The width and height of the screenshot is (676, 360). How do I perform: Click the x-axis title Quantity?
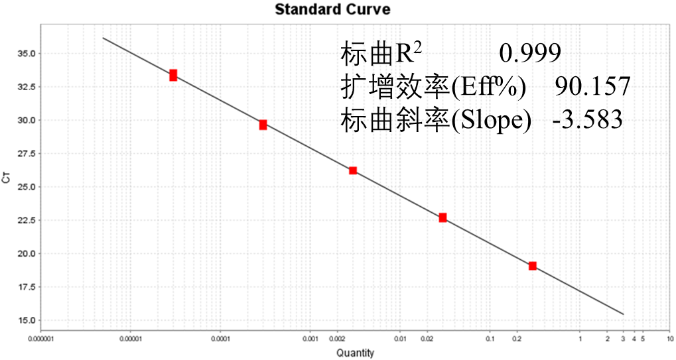(355, 353)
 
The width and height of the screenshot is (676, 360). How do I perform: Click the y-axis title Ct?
(8, 178)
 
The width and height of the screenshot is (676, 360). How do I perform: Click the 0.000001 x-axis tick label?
(40, 339)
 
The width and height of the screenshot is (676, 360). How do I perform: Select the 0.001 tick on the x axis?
(310, 339)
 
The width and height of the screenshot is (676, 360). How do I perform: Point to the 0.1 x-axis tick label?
(490, 339)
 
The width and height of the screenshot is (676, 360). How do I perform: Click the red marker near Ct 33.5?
(173, 75)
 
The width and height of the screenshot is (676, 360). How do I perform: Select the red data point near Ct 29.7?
(263, 125)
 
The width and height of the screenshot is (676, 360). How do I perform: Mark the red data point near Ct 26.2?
(353, 170)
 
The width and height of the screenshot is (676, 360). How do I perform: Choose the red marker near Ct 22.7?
(442, 217)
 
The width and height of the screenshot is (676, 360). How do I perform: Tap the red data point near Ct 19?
(532, 266)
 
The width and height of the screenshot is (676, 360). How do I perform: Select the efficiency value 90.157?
(592, 86)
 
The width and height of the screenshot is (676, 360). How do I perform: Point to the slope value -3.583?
(587, 120)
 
